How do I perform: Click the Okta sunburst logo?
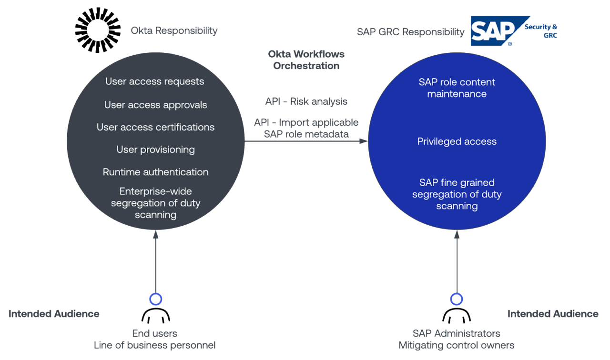[x=98, y=30]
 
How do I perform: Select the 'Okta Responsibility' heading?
[x=174, y=31]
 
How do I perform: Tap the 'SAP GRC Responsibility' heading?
[x=410, y=32]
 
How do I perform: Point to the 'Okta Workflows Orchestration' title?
[x=306, y=60]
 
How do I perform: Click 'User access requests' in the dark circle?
[x=154, y=81]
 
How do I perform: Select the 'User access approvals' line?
[x=155, y=105]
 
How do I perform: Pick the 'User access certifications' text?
[x=155, y=127]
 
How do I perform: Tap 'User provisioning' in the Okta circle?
[x=155, y=150]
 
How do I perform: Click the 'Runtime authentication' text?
[x=155, y=172]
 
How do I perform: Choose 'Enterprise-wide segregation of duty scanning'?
[x=155, y=203]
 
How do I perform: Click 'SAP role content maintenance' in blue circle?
[x=457, y=88]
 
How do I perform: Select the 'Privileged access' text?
[x=457, y=141]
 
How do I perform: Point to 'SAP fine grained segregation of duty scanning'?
[x=457, y=194]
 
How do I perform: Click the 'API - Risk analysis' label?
[x=306, y=101]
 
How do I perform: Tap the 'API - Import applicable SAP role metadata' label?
[x=306, y=129]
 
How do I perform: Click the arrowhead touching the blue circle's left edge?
[x=364, y=141]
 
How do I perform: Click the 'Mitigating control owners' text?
[x=456, y=345]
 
